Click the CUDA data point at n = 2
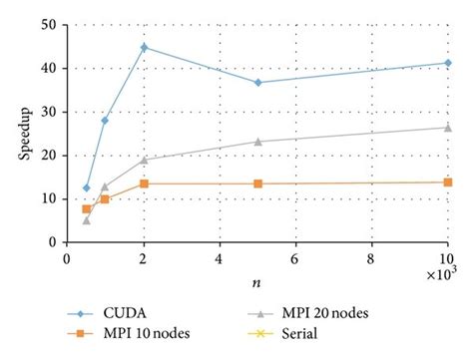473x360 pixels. tap(144, 47)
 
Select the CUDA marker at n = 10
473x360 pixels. tap(446, 63)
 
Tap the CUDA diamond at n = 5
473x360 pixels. tap(257, 82)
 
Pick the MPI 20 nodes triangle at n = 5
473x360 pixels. tap(257, 141)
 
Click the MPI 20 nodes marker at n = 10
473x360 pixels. tap(446, 127)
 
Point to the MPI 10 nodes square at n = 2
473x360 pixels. tap(144, 183)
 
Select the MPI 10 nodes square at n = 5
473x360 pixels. tap(257, 183)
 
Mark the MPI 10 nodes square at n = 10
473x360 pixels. tap(446, 181)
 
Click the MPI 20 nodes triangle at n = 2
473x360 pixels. tap(144, 159)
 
